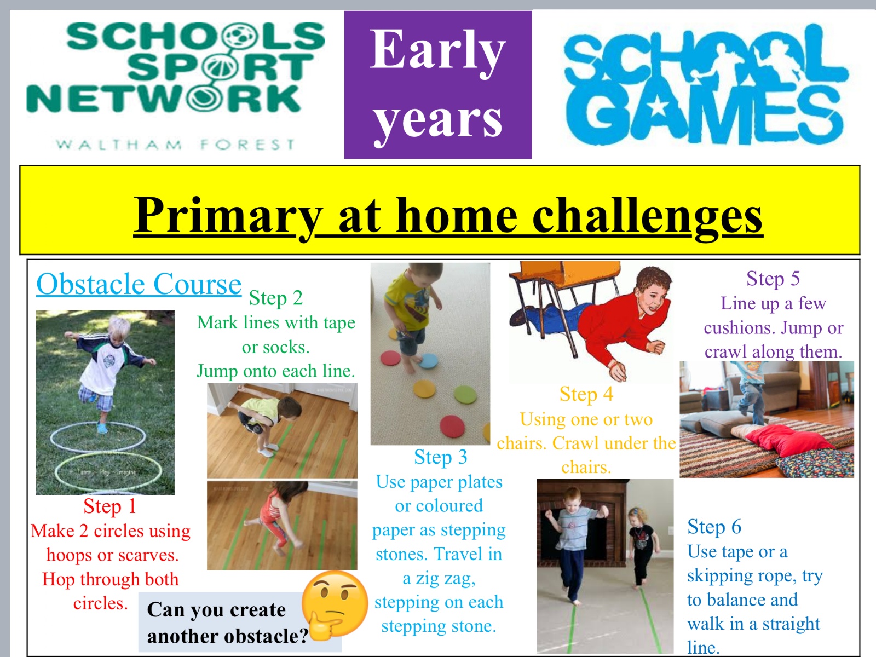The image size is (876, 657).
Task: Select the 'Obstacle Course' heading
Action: (139, 284)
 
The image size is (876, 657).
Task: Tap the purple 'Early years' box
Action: (438, 84)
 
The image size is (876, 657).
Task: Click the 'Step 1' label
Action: (109, 506)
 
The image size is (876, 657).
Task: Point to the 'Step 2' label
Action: (276, 298)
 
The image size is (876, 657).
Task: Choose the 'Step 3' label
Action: (441, 457)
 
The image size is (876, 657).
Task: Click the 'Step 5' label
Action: (773, 279)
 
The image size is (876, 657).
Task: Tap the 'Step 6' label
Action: (714, 527)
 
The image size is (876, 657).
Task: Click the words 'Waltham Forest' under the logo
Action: (176, 144)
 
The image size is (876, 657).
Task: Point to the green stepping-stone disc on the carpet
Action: (465, 395)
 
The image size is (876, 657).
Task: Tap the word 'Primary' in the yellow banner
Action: (228, 217)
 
